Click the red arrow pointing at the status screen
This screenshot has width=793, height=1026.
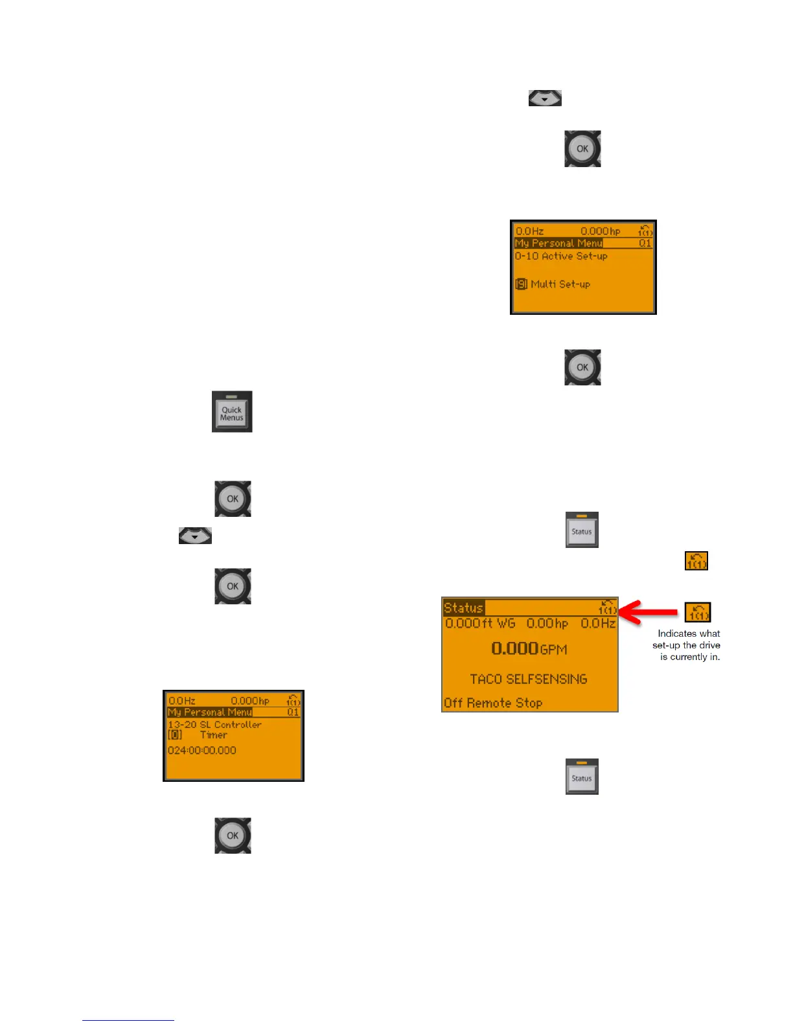(x=649, y=611)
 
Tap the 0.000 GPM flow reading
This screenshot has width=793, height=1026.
(x=529, y=648)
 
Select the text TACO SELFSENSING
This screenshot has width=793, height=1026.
(x=529, y=679)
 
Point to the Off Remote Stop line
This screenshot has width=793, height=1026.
(x=493, y=703)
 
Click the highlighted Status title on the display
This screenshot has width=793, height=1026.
(x=463, y=608)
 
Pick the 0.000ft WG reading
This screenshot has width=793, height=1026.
(x=480, y=623)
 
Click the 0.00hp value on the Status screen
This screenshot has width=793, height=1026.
(x=547, y=623)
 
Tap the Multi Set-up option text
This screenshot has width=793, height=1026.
(x=560, y=284)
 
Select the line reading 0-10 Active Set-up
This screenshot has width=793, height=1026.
(x=561, y=256)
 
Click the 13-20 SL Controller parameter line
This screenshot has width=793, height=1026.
(x=214, y=724)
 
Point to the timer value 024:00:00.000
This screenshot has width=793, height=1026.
(x=202, y=750)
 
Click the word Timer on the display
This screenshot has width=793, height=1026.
(x=213, y=735)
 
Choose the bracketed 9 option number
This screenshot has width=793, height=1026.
(x=521, y=284)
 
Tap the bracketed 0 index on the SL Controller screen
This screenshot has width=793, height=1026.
(x=175, y=735)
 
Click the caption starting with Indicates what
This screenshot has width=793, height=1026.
(x=687, y=645)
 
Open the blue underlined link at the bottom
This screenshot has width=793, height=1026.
(x=128, y=1020)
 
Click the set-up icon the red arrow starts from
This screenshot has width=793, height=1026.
(x=698, y=612)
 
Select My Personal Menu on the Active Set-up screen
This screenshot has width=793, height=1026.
(x=558, y=243)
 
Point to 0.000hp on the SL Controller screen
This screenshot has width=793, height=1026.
(x=250, y=701)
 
